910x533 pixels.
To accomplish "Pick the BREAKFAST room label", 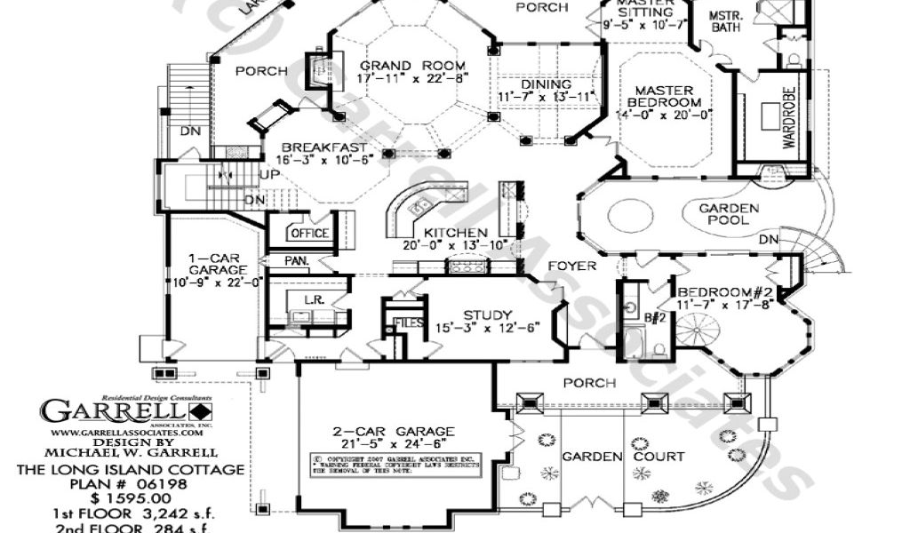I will [x=323, y=147].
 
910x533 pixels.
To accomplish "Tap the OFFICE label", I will [x=309, y=234].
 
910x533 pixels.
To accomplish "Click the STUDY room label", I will [x=487, y=315].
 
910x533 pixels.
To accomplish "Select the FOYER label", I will [x=571, y=266].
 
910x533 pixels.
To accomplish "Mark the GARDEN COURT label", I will [x=623, y=457].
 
